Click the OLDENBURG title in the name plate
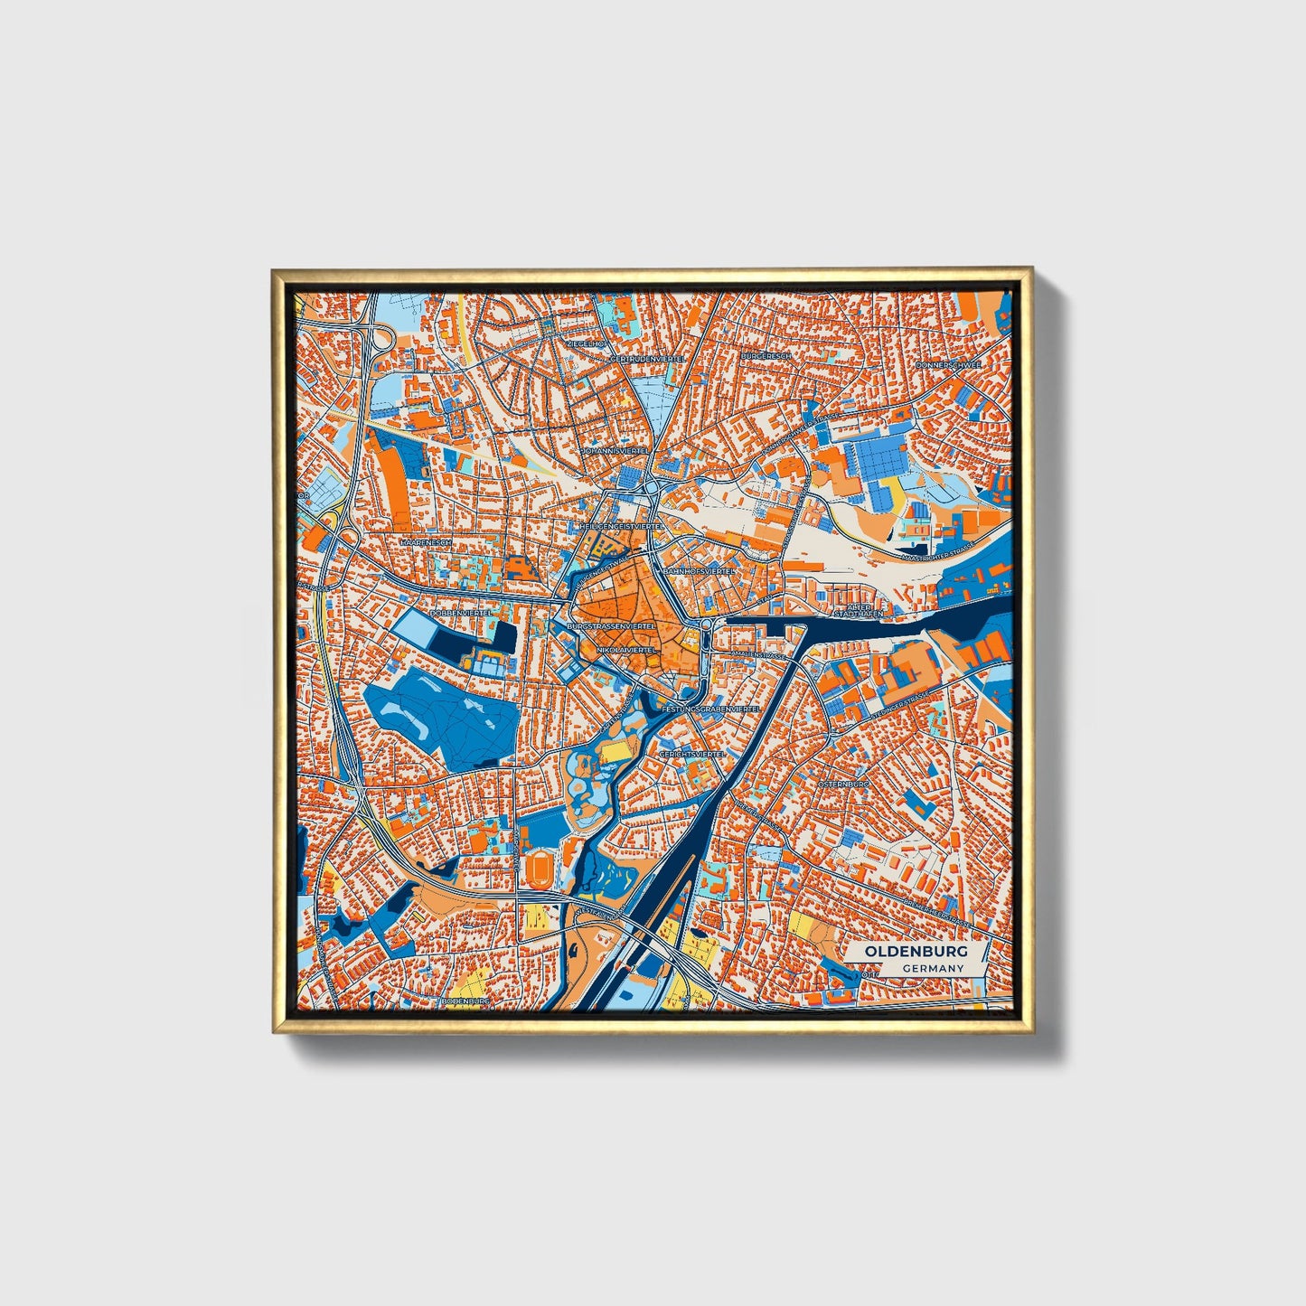click(916, 951)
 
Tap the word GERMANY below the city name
click(933, 968)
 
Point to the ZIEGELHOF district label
click(585, 344)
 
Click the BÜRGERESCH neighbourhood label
click(766, 356)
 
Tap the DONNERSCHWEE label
click(947, 365)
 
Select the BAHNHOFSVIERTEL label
click(700, 572)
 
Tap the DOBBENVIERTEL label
click(460, 613)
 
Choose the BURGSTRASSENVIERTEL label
click(610, 625)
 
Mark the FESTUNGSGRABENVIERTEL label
click(709, 709)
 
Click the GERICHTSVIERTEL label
click(692, 753)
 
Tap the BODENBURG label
click(465, 1001)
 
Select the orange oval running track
click(540, 870)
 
